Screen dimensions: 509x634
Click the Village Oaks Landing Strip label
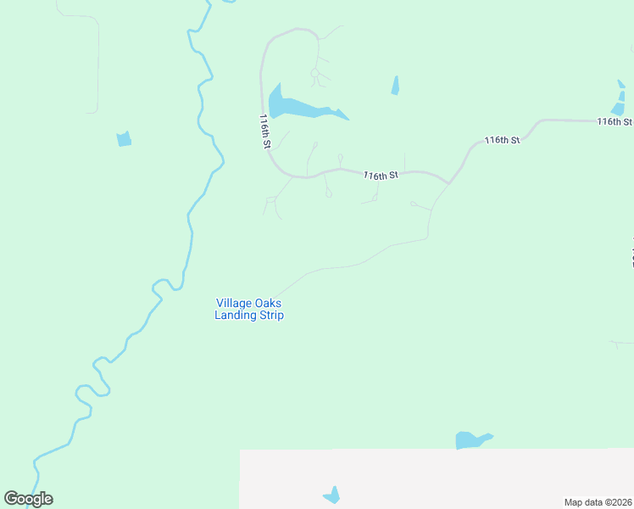248,309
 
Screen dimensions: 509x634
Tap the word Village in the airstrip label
233,303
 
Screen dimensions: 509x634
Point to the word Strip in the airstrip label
269,316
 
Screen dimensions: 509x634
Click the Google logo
28,499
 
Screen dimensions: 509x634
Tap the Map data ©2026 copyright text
598,502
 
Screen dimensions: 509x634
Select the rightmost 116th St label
615,122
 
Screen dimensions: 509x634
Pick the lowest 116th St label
381,176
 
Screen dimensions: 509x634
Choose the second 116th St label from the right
502,140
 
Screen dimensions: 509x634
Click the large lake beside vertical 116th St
292,106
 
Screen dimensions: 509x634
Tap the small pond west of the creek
124,139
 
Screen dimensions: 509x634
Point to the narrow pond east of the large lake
395,85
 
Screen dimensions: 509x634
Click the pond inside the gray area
332,495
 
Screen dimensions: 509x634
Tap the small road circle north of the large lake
314,74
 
